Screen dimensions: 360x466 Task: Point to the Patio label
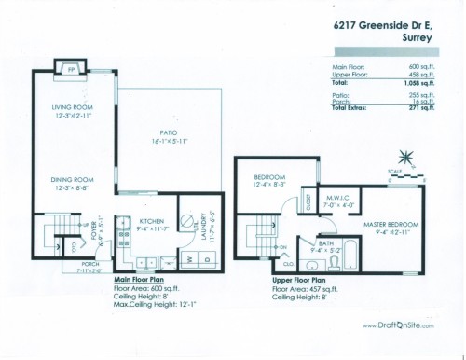(169, 134)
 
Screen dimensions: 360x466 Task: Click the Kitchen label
(151, 222)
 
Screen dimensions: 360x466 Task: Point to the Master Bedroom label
(391, 225)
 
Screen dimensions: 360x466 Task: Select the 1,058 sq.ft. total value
(419, 84)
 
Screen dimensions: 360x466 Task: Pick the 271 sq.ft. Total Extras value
(421, 108)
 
